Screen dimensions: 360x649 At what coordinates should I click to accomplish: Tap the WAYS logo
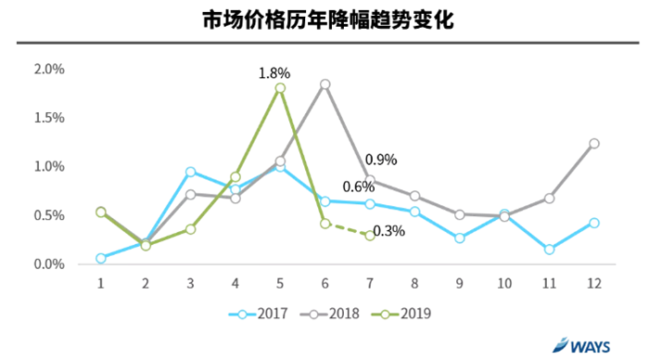pyautogui.click(x=584, y=345)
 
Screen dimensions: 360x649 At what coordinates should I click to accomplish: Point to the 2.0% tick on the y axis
pyautogui.click(x=48, y=70)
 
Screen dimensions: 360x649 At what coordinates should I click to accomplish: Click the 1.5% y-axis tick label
pyautogui.click(x=48, y=118)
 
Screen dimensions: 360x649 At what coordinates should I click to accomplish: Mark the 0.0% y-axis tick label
pyautogui.click(x=48, y=264)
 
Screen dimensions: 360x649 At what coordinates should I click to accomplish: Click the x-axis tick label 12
pyautogui.click(x=593, y=281)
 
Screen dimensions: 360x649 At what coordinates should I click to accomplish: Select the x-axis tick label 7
pyautogui.click(x=370, y=281)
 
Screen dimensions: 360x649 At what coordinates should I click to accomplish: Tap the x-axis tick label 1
pyautogui.click(x=101, y=281)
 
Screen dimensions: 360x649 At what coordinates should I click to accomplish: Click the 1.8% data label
pyautogui.click(x=274, y=71)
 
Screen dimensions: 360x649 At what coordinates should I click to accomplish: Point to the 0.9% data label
pyautogui.click(x=380, y=160)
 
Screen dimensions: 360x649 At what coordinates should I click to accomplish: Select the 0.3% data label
pyautogui.click(x=388, y=232)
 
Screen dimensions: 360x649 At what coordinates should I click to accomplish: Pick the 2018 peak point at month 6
pyautogui.click(x=325, y=84)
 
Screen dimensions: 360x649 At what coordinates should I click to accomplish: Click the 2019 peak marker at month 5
pyautogui.click(x=280, y=88)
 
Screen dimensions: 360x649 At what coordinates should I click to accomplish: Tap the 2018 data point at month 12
pyautogui.click(x=593, y=144)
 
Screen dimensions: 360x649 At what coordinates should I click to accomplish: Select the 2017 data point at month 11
pyautogui.click(x=549, y=250)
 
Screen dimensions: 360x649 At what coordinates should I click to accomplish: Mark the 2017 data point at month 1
pyautogui.click(x=101, y=258)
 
